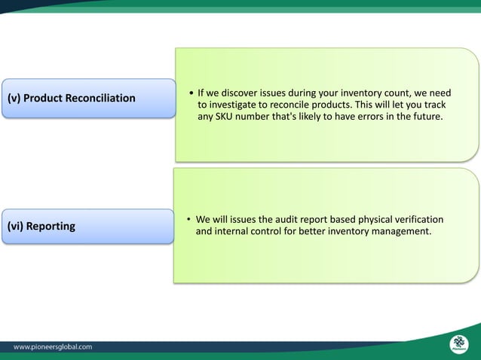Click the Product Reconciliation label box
coord(87,99)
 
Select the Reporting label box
coord(87,226)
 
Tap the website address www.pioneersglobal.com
coord(54,347)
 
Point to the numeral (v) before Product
coord(14,99)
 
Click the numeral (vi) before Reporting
coord(15,226)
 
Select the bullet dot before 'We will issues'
coord(189,220)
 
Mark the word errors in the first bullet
coord(363,119)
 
